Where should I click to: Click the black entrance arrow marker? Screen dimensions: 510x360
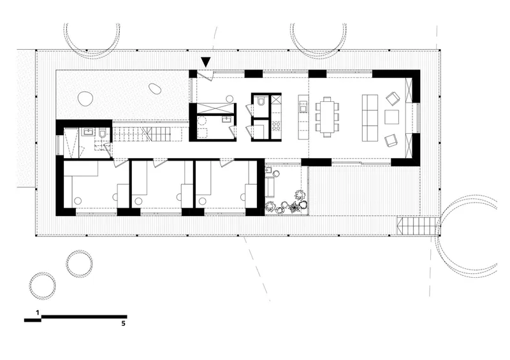pyautogui.click(x=206, y=62)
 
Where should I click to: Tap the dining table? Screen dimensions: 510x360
pyautogui.click(x=327, y=116)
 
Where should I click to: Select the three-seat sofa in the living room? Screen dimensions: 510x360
pyautogui.click(x=370, y=118)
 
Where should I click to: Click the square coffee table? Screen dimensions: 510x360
pyautogui.click(x=391, y=117)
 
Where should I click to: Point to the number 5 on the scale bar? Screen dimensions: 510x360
pyautogui.click(x=123, y=324)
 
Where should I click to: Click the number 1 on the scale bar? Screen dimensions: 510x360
pyautogui.click(x=38, y=313)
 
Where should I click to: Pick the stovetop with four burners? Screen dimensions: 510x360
pyautogui.click(x=276, y=126)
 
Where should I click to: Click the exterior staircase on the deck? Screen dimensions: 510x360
pyautogui.click(x=416, y=226)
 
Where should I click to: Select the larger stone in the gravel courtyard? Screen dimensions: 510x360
pyautogui.click(x=86, y=98)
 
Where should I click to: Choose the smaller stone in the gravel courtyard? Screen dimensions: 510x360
pyautogui.click(x=154, y=89)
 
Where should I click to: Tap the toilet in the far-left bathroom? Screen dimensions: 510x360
pyautogui.click(x=102, y=133)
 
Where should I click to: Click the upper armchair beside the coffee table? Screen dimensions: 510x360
pyautogui.click(x=393, y=98)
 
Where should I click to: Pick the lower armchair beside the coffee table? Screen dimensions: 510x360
pyautogui.click(x=391, y=140)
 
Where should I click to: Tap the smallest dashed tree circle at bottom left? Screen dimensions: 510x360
pyautogui.click(x=42, y=285)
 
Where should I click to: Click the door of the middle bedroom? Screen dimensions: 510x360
pyautogui.click(x=161, y=162)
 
